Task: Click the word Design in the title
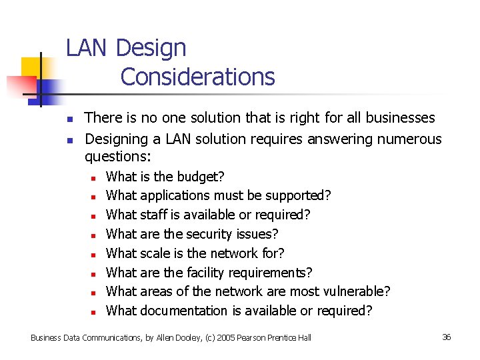click(151, 49)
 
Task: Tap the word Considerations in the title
click(197, 77)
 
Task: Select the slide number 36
click(447, 337)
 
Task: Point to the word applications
click(175, 196)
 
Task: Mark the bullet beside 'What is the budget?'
click(95, 178)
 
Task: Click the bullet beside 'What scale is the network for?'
click(95, 255)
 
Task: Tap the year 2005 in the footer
click(214, 338)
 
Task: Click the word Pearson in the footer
click(243, 338)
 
